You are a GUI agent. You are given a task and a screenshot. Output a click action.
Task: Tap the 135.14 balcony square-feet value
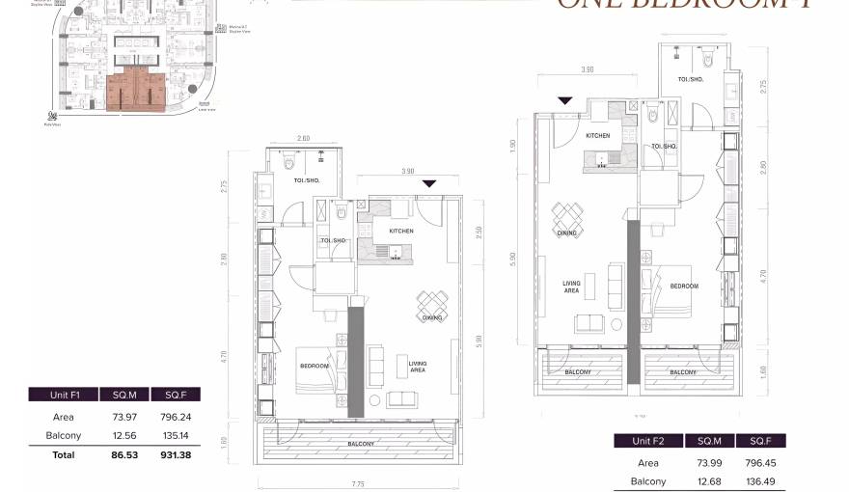[x=176, y=435]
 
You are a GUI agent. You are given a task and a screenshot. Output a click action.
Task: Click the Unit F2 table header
[x=648, y=441]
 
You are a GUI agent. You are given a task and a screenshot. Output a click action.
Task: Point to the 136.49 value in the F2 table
[x=761, y=481]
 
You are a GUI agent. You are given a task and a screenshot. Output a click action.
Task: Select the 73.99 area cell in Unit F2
[x=710, y=463]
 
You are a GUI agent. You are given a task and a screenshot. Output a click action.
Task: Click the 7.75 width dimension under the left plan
[x=357, y=483]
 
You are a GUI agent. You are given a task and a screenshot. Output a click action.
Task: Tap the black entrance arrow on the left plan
[x=429, y=183]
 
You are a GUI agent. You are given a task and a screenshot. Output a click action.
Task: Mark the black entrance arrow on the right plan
[x=565, y=100]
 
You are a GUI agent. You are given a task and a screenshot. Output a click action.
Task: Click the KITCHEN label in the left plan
[x=401, y=232]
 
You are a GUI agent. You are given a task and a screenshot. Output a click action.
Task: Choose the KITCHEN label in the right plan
[x=598, y=136]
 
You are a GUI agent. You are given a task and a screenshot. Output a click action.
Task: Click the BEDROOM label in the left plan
[x=315, y=366]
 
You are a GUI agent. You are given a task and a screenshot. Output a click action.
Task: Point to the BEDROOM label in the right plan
[x=684, y=287]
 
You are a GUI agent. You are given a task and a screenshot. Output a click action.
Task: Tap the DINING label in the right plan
[x=566, y=232]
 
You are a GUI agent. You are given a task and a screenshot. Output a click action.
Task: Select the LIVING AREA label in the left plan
[x=418, y=367]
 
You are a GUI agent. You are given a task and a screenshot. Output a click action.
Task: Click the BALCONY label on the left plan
[x=363, y=445]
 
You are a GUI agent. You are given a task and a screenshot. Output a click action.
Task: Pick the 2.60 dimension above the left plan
[x=304, y=139]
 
